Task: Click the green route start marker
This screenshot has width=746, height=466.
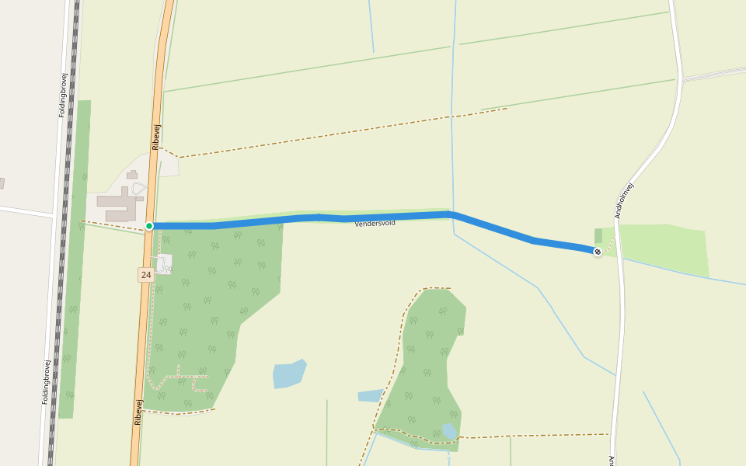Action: click(x=149, y=226)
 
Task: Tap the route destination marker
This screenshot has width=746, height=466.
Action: click(x=597, y=252)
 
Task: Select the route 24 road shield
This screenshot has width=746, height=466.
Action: click(x=146, y=274)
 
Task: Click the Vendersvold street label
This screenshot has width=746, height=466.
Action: click(x=375, y=224)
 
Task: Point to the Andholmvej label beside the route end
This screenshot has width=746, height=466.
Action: click(x=625, y=200)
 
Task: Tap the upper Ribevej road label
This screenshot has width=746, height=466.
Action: click(x=156, y=137)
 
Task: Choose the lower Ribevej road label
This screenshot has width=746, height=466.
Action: click(x=138, y=412)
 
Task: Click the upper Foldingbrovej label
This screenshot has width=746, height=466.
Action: click(x=62, y=95)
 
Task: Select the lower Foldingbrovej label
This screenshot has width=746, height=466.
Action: click(x=47, y=381)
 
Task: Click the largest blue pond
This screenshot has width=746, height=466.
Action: click(x=288, y=374)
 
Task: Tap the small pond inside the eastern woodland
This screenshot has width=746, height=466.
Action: click(x=448, y=431)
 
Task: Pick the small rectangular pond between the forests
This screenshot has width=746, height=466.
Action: click(x=370, y=395)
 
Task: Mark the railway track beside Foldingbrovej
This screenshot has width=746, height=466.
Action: click(x=64, y=233)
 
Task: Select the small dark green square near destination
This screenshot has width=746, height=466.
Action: click(x=598, y=235)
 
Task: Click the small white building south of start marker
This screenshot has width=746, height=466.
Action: click(x=164, y=264)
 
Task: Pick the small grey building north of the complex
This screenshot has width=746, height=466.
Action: click(x=132, y=175)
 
